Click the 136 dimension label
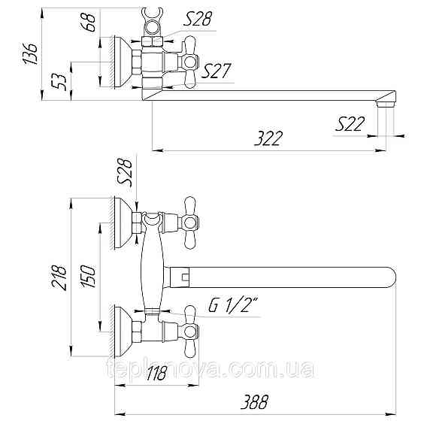tap(30, 53)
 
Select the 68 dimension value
tap(87, 23)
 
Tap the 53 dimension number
tap(59, 82)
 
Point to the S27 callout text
tap(217, 71)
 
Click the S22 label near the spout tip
tap(350, 124)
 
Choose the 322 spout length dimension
tap(268, 138)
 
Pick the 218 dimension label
tap(59, 277)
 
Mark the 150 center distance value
tap(88, 277)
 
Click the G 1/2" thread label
tap(233, 305)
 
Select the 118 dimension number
tap(156, 373)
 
